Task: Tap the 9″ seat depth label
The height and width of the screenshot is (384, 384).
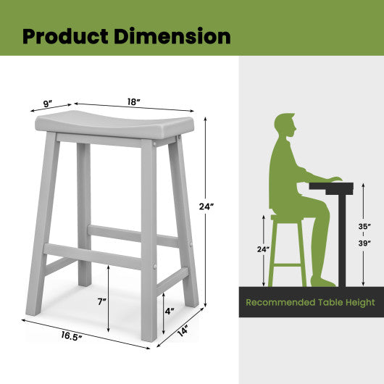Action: tap(48, 104)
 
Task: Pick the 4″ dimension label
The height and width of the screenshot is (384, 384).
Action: tap(169, 311)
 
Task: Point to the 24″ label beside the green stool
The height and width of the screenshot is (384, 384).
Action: tap(262, 250)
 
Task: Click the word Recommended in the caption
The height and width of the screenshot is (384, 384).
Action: tap(276, 302)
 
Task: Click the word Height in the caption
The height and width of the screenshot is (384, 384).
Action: tap(359, 302)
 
